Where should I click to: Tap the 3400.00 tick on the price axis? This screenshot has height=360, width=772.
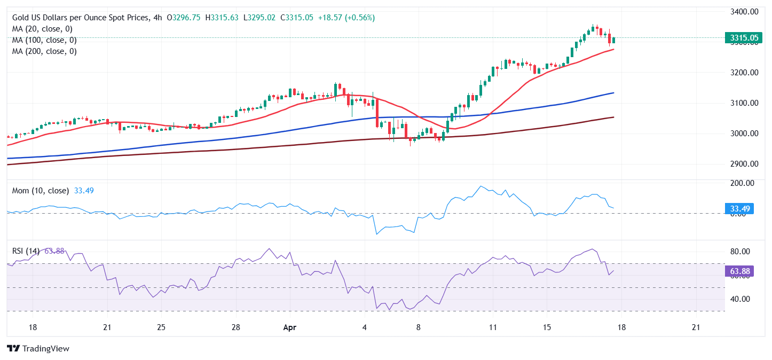tap(744, 11)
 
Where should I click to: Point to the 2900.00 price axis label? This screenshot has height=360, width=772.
tap(744, 164)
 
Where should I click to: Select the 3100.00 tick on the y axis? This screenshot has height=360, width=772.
tap(744, 103)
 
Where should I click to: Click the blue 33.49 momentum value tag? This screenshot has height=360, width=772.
tap(739, 208)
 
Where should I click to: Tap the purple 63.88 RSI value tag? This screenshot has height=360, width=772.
tap(739, 271)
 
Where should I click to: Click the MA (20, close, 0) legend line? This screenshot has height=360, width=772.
tap(42, 29)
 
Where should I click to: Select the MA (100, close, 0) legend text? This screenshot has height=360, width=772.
tap(44, 40)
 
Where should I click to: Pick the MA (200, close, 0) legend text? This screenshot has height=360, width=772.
tap(44, 51)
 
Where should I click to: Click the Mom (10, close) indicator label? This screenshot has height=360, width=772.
tap(41, 191)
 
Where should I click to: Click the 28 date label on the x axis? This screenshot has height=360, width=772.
tap(236, 327)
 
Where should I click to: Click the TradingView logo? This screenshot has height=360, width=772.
tap(38, 348)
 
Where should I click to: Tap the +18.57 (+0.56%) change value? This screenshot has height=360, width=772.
tap(346, 18)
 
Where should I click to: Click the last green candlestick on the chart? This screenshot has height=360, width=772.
tap(614, 40)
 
